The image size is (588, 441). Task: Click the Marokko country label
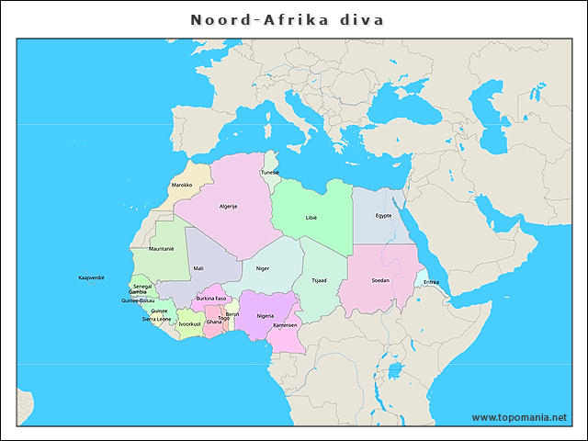point(182,185)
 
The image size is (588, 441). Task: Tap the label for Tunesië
point(270,172)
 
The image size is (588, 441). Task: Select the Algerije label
point(228,206)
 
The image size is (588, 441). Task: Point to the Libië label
point(311,218)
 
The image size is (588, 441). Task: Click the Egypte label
point(383,215)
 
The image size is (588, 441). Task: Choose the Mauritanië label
point(161,248)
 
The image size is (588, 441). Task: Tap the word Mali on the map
point(198,268)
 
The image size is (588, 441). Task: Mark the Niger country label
point(263,268)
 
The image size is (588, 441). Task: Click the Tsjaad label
point(319,280)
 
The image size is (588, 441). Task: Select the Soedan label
point(379,280)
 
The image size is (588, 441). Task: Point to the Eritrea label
point(431,282)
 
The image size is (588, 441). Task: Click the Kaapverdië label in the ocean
point(91,277)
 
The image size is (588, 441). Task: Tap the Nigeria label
point(266,315)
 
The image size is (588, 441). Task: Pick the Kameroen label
point(285,325)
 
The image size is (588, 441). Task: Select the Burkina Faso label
point(211,299)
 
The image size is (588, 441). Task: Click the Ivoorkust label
point(189,323)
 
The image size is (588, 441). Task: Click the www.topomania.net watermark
point(519,417)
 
